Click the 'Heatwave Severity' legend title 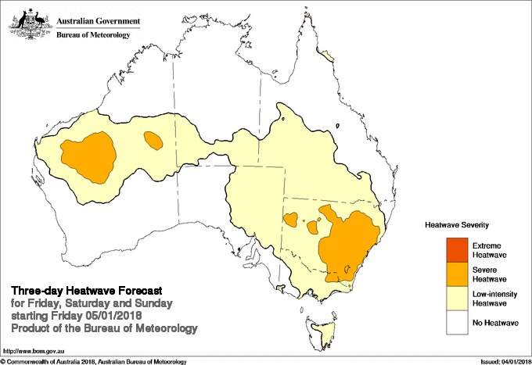(458, 224)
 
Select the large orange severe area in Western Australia (89, 153)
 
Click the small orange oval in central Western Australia (153, 141)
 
